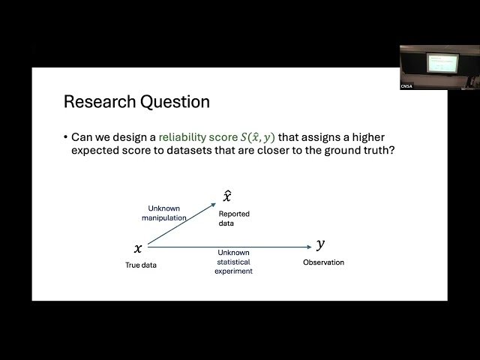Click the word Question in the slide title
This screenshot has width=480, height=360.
point(172,101)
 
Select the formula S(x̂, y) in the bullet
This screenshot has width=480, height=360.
point(251,137)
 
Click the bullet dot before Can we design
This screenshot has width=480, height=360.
point(65,138)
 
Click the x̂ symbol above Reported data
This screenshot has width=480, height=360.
point(226,196)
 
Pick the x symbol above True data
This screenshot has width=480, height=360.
point(137,248)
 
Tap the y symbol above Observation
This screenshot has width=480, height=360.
point(321,244)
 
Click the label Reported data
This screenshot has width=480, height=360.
point(234,218)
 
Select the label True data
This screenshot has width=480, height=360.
point(140,265)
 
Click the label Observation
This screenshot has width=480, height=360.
point(323,262)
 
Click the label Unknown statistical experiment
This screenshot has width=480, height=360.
point(233,262)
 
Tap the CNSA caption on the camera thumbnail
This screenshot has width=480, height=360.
point(406,86)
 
